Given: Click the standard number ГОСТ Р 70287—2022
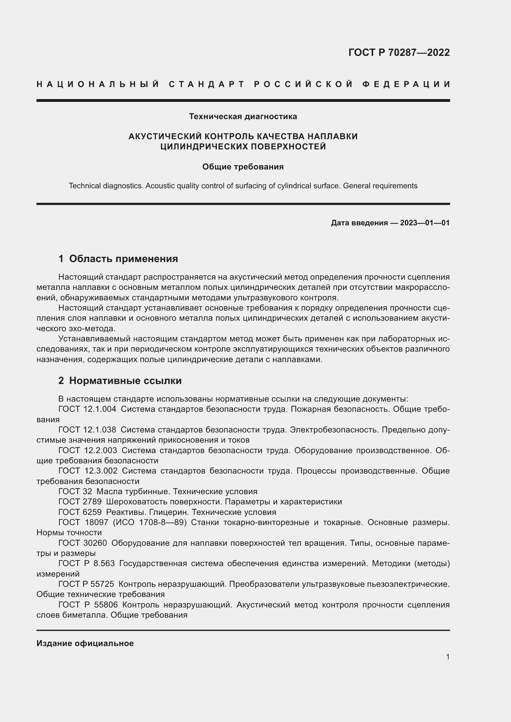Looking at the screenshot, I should pyautogui.click(x=399, y=52).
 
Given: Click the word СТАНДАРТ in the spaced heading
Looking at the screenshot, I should pyautogui.click(x=207, y=84).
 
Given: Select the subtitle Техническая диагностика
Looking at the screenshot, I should pyautogui.click(x=243, y=117).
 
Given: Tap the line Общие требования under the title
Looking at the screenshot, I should pyautogui.click(x=243, y=167).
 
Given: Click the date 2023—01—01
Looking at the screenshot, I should pyautogui.click(x=425, y=223).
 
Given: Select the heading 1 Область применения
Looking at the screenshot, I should pyautogui.click(x=118, y=259).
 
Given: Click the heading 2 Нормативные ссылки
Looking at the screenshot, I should pyautogui.click(x=120, y=381).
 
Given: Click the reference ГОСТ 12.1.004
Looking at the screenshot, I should pyautogui.click(x=87, y=409).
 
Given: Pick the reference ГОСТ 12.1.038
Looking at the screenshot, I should pyautogui.click(x=87, y=430).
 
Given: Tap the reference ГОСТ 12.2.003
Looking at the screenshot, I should pyautogui.click(x=87, y=450).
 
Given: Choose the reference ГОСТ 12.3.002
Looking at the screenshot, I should pyautogui.click(x=88, y=471).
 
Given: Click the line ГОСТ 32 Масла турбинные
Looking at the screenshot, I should pyautogui.click(x=158, y=491).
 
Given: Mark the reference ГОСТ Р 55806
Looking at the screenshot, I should pyautogui.click(x=88, y=605).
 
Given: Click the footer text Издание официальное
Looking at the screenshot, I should pyautogui.click(x=85, y=643).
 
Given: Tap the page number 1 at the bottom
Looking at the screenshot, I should pyautogui.click(x=447, y=657).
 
